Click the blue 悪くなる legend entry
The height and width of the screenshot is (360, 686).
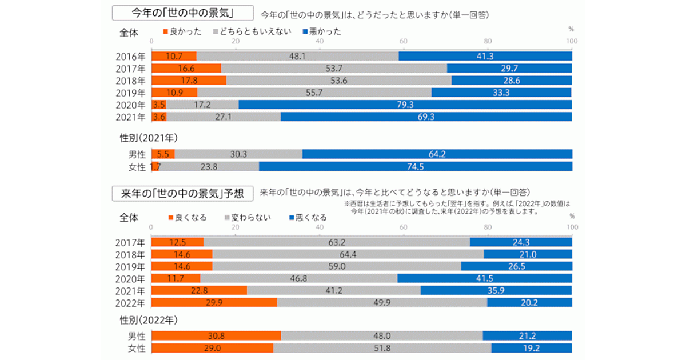point(309,218)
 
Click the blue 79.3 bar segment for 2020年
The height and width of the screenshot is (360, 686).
point(405,105)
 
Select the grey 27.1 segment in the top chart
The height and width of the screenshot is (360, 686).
point(224,117)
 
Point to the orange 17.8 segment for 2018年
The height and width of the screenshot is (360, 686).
point(189,80)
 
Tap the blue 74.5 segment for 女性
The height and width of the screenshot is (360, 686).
point(415,166)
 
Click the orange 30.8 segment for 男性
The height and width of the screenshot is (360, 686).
point(216,335)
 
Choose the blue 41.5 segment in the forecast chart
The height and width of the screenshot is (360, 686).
point(484,278)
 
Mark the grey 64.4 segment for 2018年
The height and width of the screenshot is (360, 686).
point(348,254)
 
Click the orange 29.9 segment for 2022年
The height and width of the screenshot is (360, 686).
point(214,302)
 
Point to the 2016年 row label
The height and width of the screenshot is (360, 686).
point(130,56)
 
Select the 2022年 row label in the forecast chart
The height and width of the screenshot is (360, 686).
point(130,303)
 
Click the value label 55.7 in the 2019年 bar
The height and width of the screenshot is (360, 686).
point(314,93)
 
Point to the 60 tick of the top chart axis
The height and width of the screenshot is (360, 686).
point(404,41)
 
